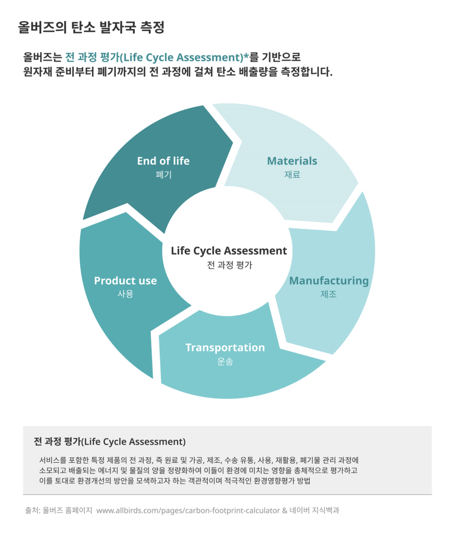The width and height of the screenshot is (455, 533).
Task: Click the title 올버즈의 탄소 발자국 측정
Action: coord(91,27)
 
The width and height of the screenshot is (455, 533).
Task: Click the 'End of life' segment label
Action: coord(163,161)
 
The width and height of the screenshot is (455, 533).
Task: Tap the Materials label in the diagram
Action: coord(292,161)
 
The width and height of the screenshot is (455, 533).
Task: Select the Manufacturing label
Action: coord(329,281)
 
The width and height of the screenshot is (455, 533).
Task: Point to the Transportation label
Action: coord(225,347)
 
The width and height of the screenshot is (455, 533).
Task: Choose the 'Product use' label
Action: coord(125,281)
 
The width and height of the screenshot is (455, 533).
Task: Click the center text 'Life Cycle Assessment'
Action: coord(229,251)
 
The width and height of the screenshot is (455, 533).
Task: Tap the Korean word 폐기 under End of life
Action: coord(163,175)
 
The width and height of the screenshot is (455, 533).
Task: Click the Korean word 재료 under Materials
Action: coord(292,175)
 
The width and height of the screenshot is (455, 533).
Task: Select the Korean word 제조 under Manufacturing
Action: coord(328,294)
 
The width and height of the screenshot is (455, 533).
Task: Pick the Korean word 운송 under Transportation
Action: coord(225,361)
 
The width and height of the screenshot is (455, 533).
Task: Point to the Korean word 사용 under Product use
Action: coord(125,294)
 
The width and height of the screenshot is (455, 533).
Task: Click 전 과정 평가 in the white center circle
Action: coord(230,265)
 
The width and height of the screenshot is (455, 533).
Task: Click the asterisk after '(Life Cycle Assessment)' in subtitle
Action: coord(247,55)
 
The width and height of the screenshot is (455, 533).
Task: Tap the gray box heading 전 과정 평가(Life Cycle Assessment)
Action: coord(110,441)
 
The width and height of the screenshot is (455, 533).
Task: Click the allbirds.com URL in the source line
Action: coord(188,511)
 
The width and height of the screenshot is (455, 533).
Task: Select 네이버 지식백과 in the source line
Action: coord(314,510)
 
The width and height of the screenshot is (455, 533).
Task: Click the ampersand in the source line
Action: coord(285,511)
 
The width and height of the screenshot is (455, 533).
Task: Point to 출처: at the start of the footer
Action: coord(33,510)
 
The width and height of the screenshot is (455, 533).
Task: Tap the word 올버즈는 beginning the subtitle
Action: coord(43,57)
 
